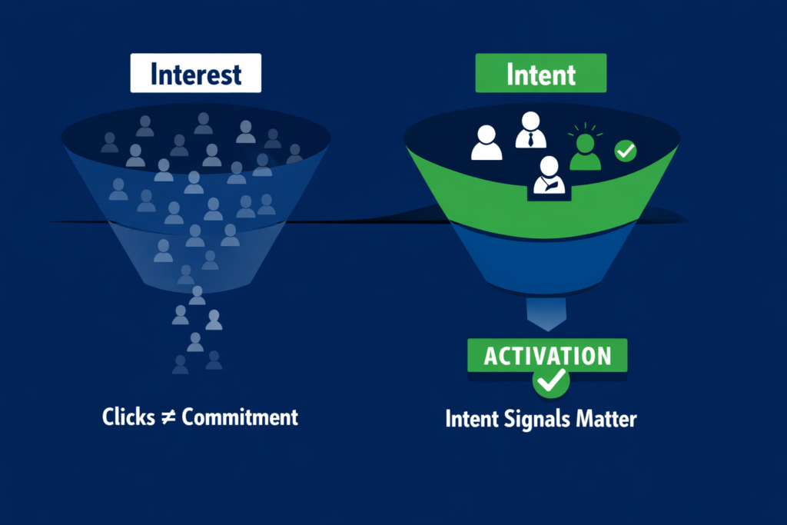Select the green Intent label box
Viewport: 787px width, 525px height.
(542, 75)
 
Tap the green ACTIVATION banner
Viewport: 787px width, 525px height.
(547, 356)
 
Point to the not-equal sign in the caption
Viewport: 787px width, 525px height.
(166, 417)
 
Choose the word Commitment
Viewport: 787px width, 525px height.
(237, 417)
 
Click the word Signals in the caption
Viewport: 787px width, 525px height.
(538, 420)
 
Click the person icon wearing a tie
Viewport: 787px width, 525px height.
(531, 131)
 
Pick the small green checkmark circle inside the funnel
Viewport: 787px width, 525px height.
(626, 151)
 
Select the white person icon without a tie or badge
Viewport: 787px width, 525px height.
(486, 143)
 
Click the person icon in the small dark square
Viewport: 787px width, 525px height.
(549, 175)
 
